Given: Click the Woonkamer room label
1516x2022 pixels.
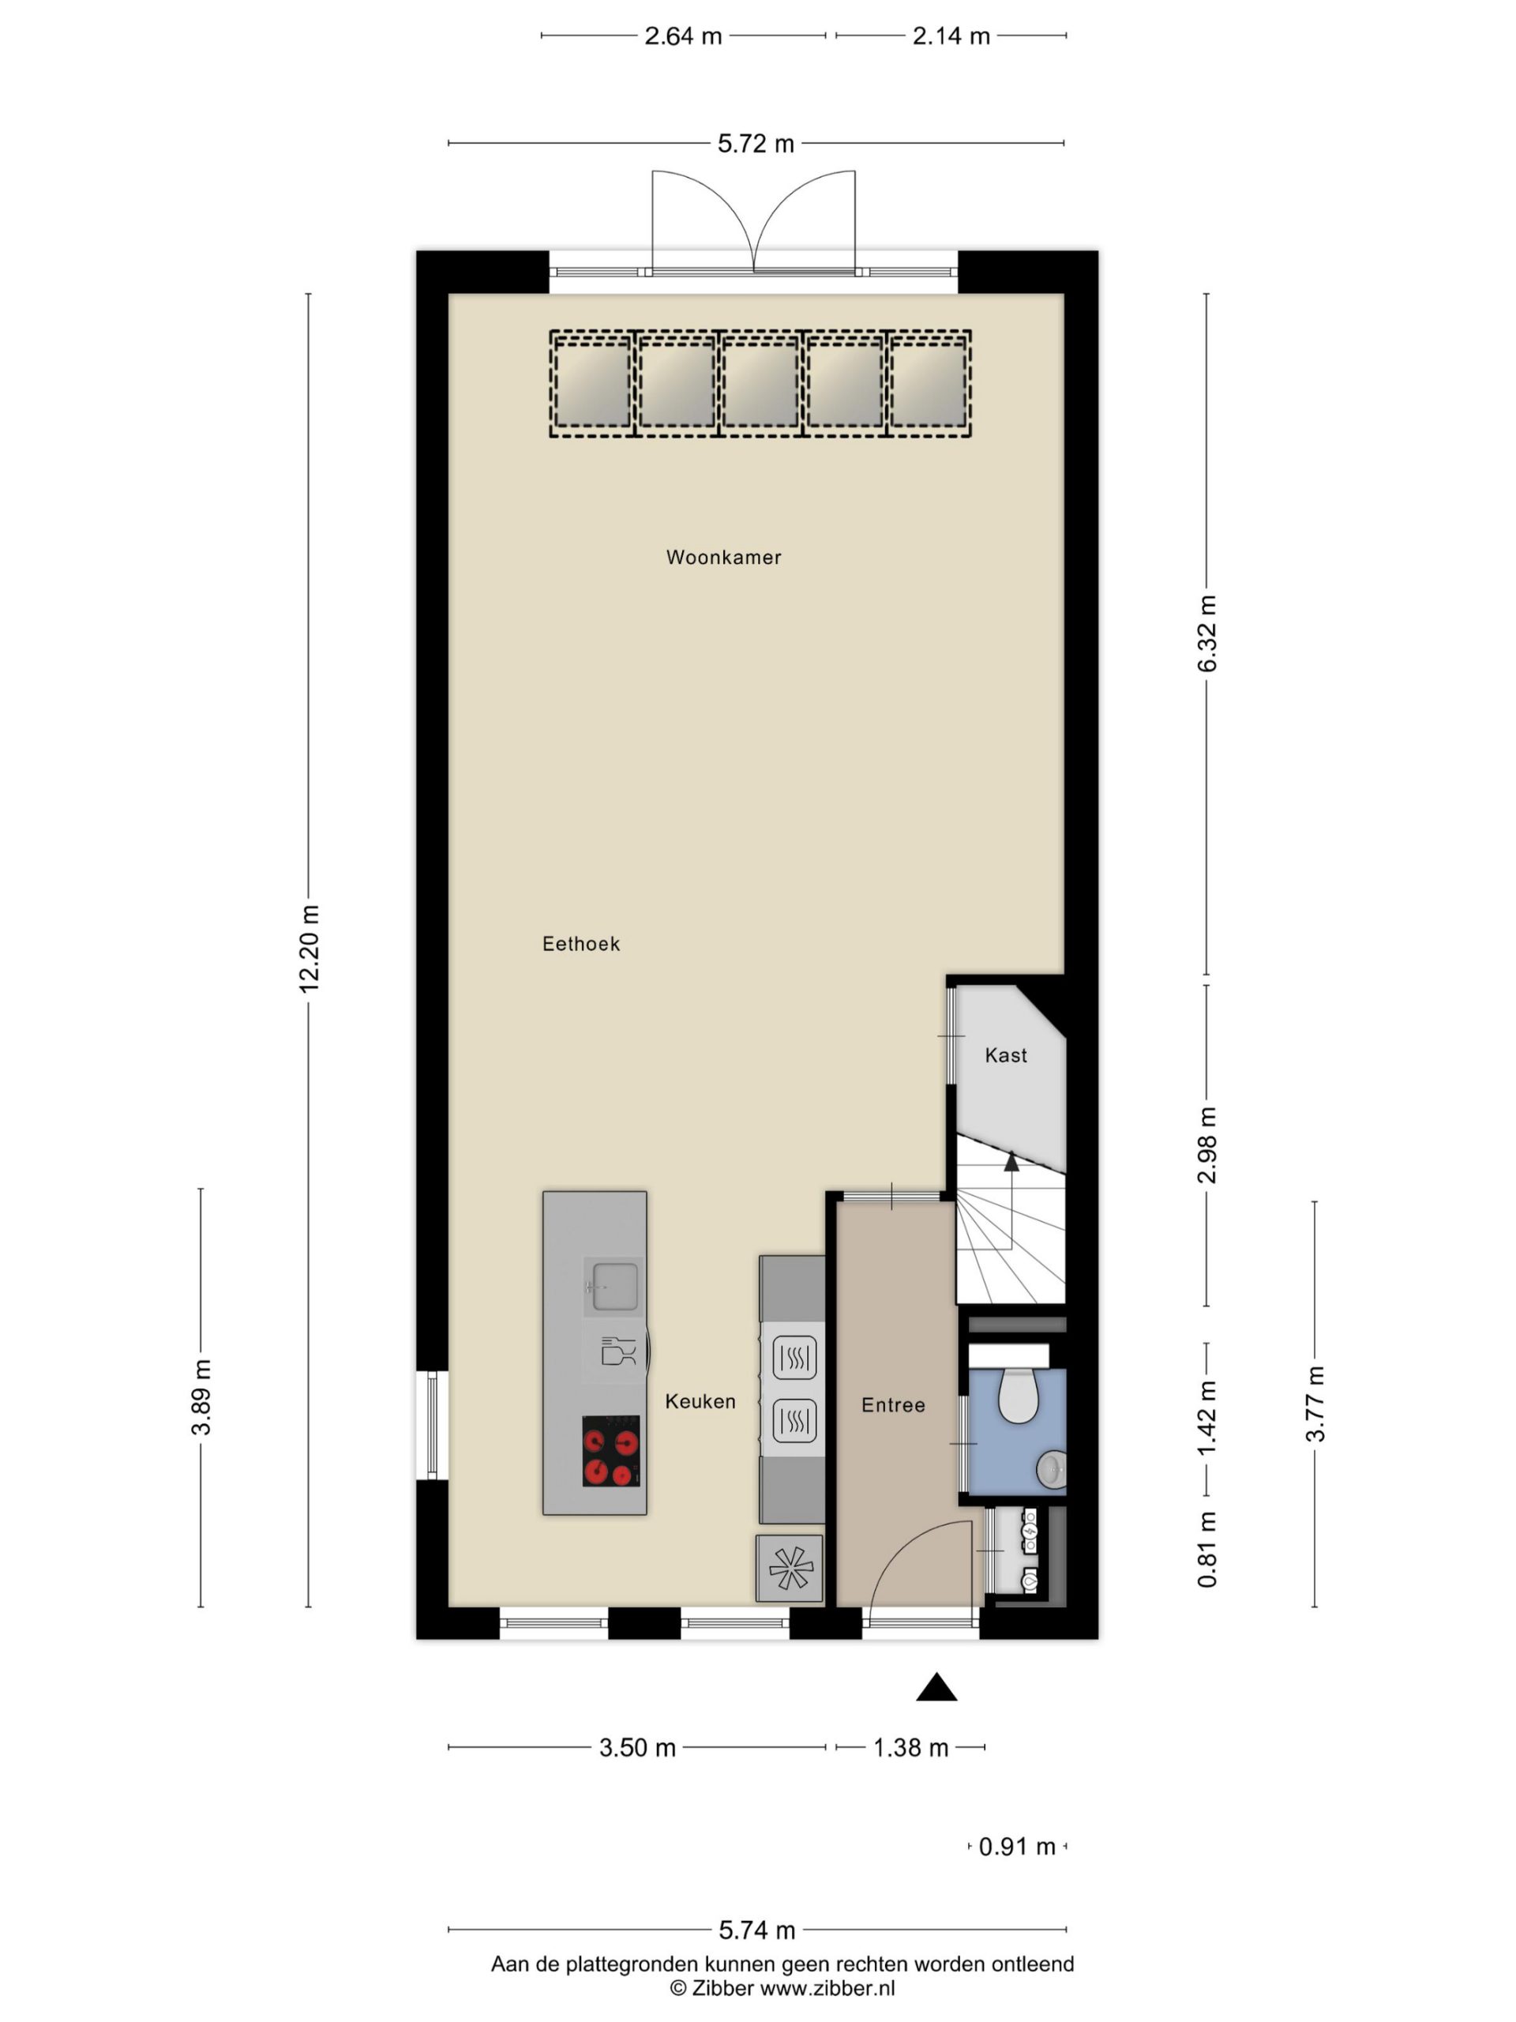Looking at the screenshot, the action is click(x=722, y=558).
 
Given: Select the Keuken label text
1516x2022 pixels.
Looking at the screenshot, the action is click(x=700, y=1401).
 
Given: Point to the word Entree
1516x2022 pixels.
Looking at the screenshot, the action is click(x=893, y=1405).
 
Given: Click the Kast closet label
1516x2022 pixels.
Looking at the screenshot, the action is click(x=1005, y=1056).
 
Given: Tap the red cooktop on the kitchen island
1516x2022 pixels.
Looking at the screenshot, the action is click(x=610, y=1451).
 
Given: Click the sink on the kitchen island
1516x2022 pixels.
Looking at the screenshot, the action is click(x=614, y=1286).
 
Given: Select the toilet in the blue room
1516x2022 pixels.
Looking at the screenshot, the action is click(x=1016, y=1393).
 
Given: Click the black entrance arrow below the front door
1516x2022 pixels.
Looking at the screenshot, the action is click(x=936, y=1686).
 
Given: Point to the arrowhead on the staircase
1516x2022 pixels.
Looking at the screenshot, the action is click(x=1011, y=1162).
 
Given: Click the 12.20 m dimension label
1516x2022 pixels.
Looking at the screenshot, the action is click(x=309, y=949).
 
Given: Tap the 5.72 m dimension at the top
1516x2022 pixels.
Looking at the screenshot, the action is click(x=756, y=144).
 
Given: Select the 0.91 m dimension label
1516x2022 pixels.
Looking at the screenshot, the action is click(x=1017, y=1847).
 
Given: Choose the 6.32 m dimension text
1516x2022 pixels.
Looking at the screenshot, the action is click(x=1207, y=633).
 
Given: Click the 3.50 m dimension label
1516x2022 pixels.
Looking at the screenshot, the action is click(x=637, y=1748).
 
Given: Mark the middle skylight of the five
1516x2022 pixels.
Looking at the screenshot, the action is click(x=760, y=384).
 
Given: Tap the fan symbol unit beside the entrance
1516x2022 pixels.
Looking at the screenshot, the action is click(x=790, y=1569).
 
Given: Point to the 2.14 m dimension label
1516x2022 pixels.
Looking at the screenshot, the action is click(x=951, y=36).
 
